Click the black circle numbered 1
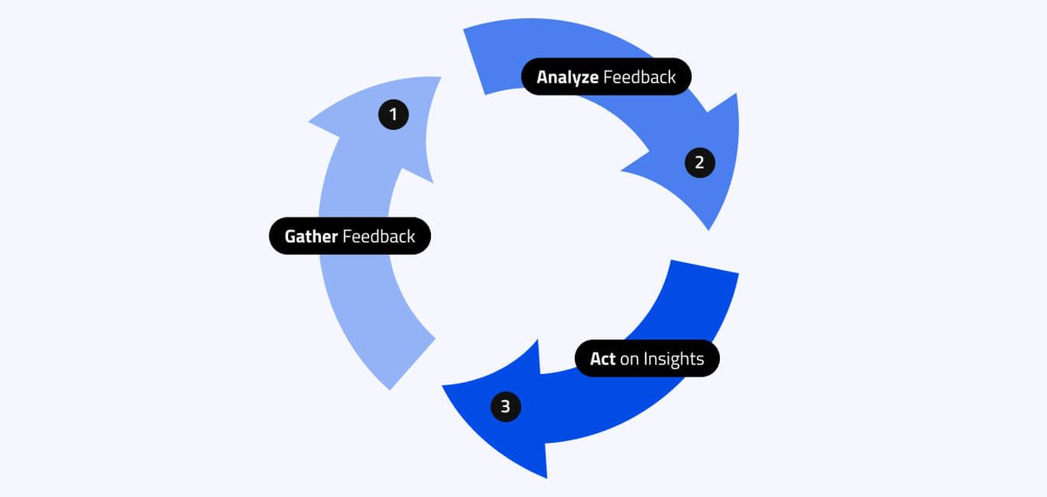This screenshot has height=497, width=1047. [393, 114]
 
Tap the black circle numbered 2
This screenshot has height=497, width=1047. [700, 162]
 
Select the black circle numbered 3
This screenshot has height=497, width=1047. [506, 406]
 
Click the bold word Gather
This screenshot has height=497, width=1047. [311, 237]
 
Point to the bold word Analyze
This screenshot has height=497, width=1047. [567, 77]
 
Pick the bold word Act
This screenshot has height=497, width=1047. [603, 359]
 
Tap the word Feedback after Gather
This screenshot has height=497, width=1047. [379, 237]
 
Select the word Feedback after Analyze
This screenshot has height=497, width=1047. [640, 77]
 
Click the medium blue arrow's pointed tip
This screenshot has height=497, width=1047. [709, 228]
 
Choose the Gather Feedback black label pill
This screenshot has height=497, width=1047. [350, 236]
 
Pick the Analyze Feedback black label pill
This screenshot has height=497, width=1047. [606, 77]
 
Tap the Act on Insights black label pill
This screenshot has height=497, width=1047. [647, 359]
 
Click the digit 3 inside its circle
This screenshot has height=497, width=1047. [506, 406]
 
